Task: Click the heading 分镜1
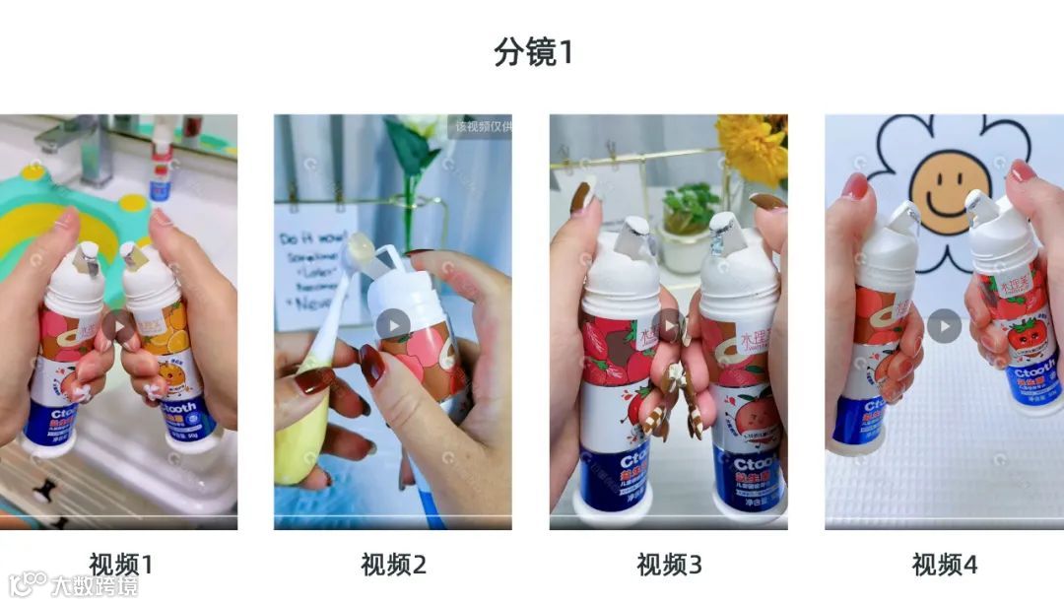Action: (x=533, y=52)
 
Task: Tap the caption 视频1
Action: (x=121, y=565)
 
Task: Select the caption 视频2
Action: (x=393, y=565)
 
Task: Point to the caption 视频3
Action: (x=669, y=565)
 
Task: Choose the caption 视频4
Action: (x=944, y=565)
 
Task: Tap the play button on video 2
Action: (x=392, y=325)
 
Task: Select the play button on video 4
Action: (x=944, y=326)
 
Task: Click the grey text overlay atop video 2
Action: (x=482, y=126)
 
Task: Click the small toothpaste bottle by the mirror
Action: (x=160, y=172)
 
